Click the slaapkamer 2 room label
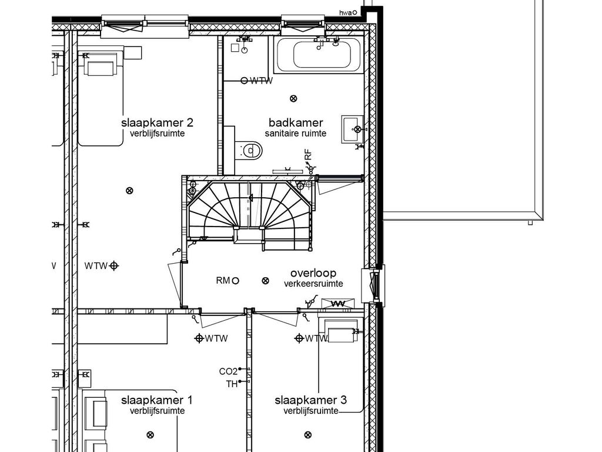pyautogui.click(x=157, y=123)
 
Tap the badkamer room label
pyautogui.click(x=296, y=123)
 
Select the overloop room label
pyautogui.click(x=313, y=273)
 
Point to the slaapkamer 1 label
pyautogui.click(x=157, y=400)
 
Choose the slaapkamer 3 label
pyautogui.click(x=311, y=400)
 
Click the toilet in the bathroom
pyautogui.click(x=249, y=150)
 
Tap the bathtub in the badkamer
pyautogui.click(x=319, y=55)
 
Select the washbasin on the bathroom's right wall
pyautogui.click(x=352, y=129)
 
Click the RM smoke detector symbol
pyautogui.click(x=235, y=281)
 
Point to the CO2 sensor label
pyautogui.click(x=228, y=371)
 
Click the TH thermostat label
pyautogui.click(x=232, y=384)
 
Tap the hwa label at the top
pyautogui.click(x=345, y=13)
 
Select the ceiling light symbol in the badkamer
pyautogui.click(x=293, y=99)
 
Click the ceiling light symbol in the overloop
pyautogui.click(x=265, y=281)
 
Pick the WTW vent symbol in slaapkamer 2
pyautogui.click(x=113, y=265)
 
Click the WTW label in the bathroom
pyautogui.click(x=262, y=81)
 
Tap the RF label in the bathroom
pyautogui.click(x=308, y=155)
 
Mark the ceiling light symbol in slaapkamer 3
pyautogui.click(x=307, y=435)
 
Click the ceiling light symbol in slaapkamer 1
pyautogui.click(x=150, y=435)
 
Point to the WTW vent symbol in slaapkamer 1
pyautogui.click(x=199, y=338)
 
